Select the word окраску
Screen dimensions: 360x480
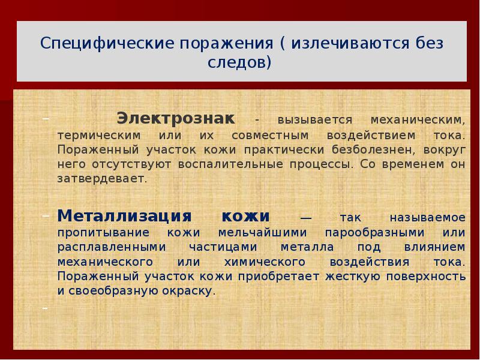pos(187,291)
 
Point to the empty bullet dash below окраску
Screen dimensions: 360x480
pos(46,308)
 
